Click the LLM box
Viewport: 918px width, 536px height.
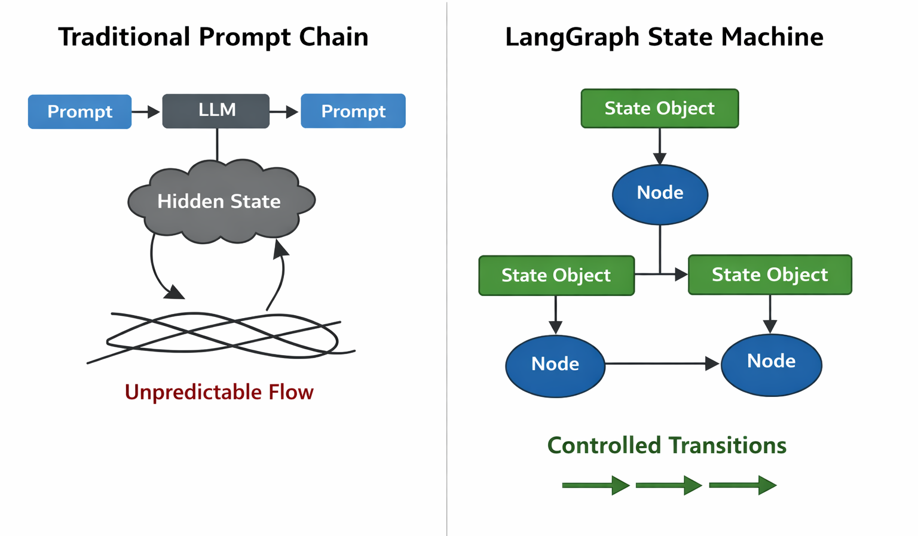[x=216, y=111]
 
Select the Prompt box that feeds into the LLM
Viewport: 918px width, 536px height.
[x=79, y=112]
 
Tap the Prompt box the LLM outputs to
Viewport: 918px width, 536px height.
[x=353, y=111]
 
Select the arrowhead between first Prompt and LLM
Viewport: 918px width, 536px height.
[x=153, y=112]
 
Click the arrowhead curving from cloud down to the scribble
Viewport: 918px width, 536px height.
[x=175, y=292]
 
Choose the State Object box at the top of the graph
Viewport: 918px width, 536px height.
[x=659, y=109]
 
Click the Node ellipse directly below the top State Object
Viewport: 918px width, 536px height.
[x=660, y=194]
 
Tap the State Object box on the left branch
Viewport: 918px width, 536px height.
[x=556, y=275]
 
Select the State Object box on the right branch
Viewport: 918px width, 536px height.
[x=769, y=275]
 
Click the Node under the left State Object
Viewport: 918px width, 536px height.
[x=555, y=365]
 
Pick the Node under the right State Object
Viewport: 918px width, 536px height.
[x=771, y=364]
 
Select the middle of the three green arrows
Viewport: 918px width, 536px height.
[x=669, y=485]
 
